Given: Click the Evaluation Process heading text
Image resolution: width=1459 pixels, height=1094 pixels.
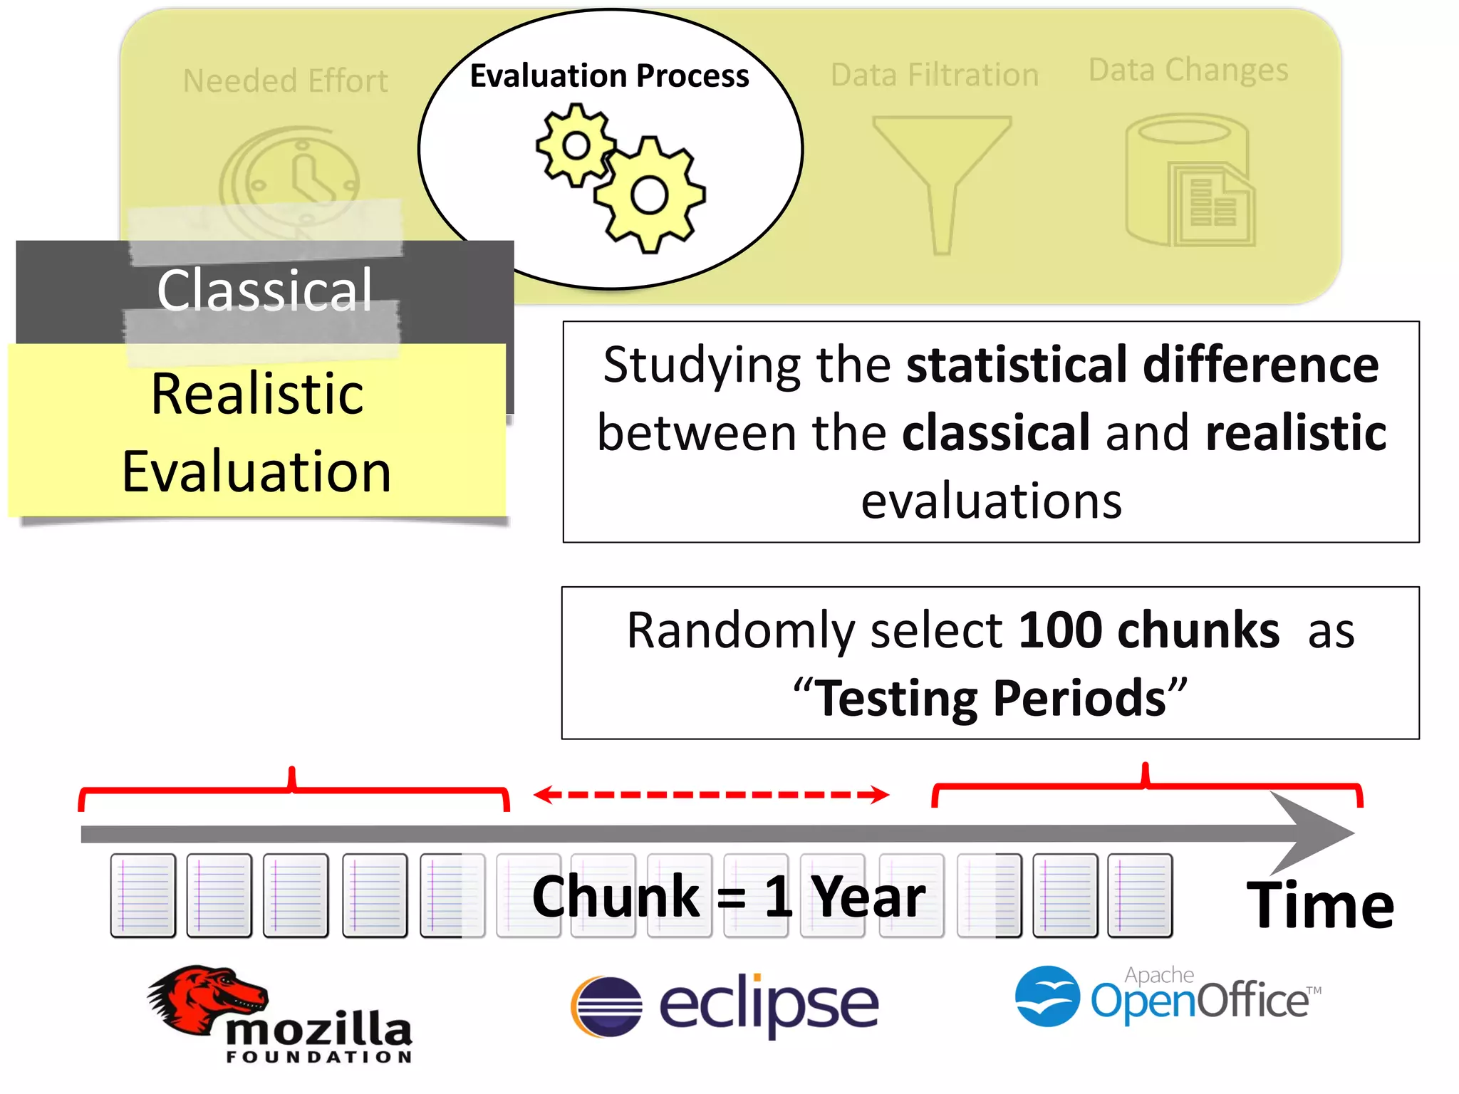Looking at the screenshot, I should [x=609, y=75].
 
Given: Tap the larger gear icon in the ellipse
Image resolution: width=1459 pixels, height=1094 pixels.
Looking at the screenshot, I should [x=649, y=195].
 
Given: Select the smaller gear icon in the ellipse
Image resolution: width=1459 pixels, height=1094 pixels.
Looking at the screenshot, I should [x=576, y=146].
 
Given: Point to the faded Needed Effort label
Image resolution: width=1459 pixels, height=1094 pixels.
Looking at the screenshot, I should [x=285, y=80].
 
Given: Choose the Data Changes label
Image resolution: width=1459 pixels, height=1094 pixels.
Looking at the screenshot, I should [x=1188, y=70].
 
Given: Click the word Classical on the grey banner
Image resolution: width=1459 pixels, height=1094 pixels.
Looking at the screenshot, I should [x=264, y=291].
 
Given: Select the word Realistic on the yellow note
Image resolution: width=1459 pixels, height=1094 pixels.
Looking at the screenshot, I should [x=257, y=394].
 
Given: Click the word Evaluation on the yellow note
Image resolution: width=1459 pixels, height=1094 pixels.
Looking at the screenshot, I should [x=257, y=472].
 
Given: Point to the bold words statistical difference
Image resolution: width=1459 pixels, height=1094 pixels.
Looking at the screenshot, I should [x=1142, y=365].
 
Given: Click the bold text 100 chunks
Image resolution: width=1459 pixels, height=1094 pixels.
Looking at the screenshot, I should [x=1148, y=630].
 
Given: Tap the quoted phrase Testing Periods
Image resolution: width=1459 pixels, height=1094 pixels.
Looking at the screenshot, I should [x=990, y=698].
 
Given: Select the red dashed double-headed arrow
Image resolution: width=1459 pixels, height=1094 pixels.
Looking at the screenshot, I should [x=711, y=794].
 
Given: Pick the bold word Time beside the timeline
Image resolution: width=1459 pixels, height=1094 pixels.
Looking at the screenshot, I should [x=1320, y=905].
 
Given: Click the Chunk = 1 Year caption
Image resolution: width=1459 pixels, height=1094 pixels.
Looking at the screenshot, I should [x=728, y=897].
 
